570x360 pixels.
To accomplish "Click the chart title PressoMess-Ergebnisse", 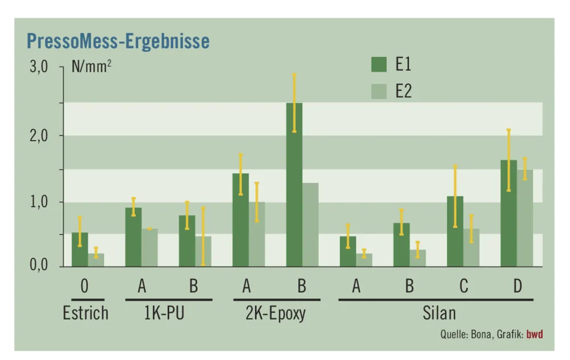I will pyautogui.click(x=118, y=41).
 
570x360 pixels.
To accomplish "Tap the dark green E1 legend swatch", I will pyautogui.click(x=379, y=64).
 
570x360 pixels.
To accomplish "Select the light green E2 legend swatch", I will pyautogui.click(x=379, y=91).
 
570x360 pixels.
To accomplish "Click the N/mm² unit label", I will pyautogui.click(x=91, y=66).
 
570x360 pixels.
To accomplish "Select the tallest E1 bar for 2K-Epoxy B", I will pyautogui.click(x=294, y=188).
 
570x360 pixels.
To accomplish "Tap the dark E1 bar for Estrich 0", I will pyautogui.click(x=80, y=251).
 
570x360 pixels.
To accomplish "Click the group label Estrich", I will pyautogui.click(x=85, y=313).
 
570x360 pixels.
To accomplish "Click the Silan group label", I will pyautogui.click(x=439, y=313).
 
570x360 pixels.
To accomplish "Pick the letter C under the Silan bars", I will pyautogui.click(x=463, y=286).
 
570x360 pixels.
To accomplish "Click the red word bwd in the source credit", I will pyautogui.click(x=535, y=334).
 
